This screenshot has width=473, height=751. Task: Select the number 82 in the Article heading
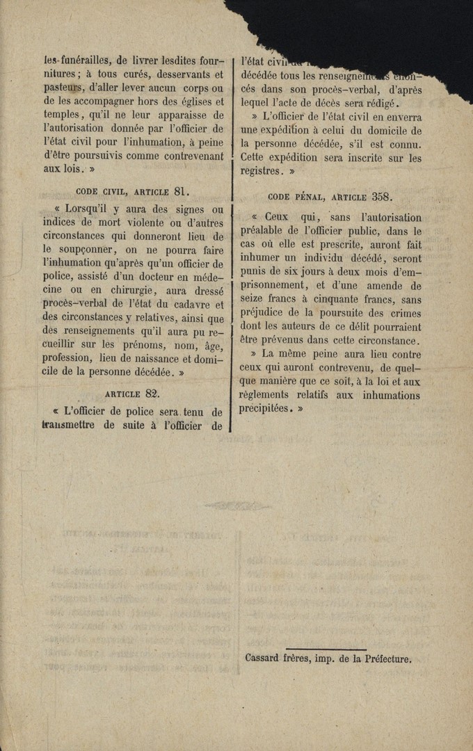157,393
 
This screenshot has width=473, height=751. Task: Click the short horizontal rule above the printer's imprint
326,648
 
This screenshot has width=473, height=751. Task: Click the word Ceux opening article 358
276,217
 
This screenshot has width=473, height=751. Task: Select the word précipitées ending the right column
266,409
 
